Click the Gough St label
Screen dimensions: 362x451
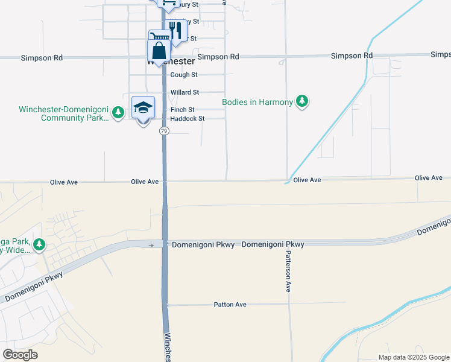(184, 75)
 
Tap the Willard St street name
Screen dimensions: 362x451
(184, 92)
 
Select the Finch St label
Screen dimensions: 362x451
(182, 110)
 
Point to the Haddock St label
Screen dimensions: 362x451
(188, 119)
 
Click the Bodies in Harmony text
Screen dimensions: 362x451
(257, 102)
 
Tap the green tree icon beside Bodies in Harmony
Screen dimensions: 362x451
(302, 102)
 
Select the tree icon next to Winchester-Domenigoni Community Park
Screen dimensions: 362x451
(119, 112)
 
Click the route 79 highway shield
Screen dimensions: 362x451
(164, 131)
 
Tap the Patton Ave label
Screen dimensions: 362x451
(230, 305)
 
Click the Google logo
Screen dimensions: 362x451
(20, 355)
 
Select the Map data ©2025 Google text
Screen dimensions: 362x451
(413, 357)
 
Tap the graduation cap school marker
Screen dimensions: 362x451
(143, 108)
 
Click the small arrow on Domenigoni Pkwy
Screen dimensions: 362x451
(151, 245)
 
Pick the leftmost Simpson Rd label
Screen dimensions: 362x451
(42, 58)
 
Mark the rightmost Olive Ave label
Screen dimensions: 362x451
(429, 178)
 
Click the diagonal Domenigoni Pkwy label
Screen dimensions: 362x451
(34, 287)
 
